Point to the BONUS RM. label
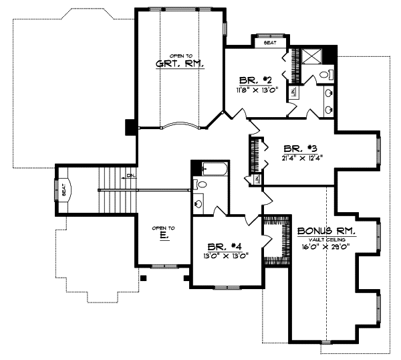(x=326, y=230)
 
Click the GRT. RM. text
(x=180, y=64)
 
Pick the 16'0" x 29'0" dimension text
(x=326, y=246)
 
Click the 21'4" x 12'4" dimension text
(x=302, y=159)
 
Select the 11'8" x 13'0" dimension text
(x=257, y=89)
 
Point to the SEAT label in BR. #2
(x=270, y=42)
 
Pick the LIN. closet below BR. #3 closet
(x=255, y=179)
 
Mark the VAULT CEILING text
(x=325, y=239)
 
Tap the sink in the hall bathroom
(x=198, y=203)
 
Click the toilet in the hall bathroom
(x=200, y=185)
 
